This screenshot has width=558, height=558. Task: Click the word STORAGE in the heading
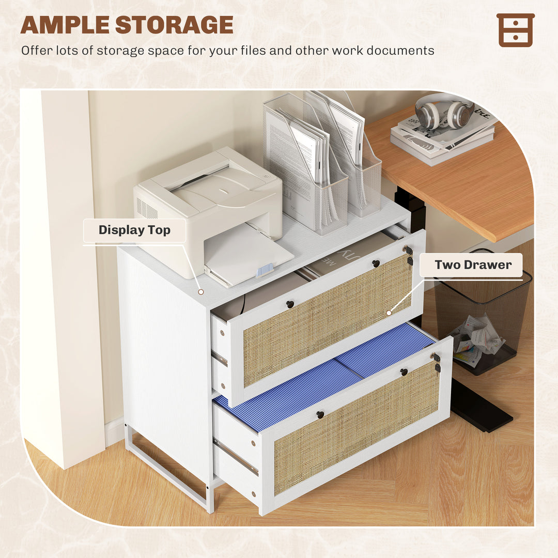point(174,25)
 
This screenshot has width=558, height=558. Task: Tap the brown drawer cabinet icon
point(515,30)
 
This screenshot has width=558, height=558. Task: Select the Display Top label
point(134,230)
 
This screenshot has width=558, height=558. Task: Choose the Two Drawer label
point(473,265)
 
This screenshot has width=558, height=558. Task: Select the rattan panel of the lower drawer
point(357,429)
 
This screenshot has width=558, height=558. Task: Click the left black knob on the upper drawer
point(290,304)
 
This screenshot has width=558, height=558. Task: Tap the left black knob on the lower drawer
point(320,414)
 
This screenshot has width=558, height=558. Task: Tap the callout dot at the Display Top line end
point(201,292)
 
